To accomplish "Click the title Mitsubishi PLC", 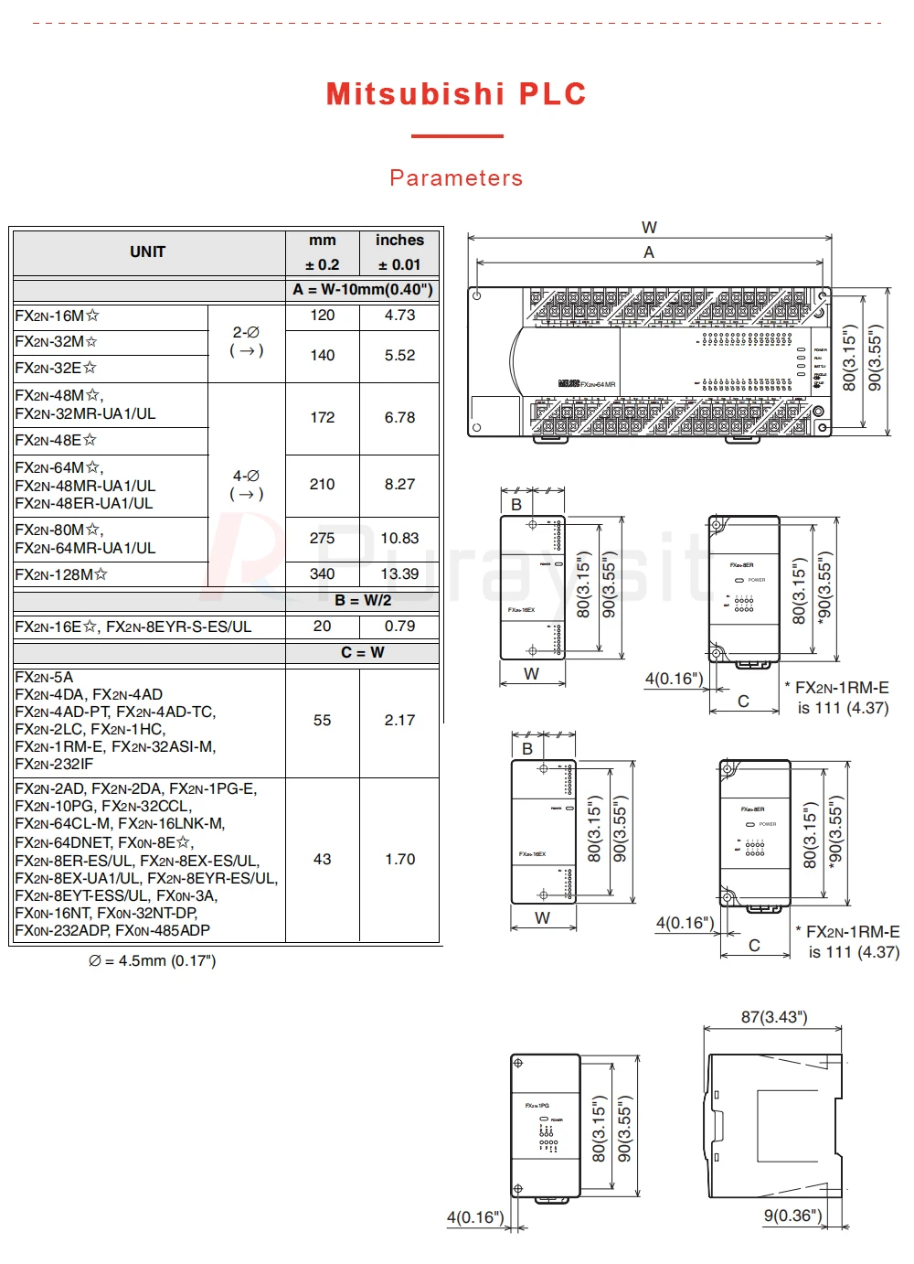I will click(455, 94).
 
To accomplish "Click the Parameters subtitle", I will click(456, 177).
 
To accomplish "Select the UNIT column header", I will click(147, 252).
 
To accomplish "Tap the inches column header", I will click(399, 241).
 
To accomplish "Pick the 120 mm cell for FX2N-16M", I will click(322, 316).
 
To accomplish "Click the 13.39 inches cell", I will click(399, 574).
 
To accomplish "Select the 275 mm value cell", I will click(322, 539).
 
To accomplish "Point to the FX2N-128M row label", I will click(61, 574).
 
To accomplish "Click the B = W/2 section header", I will click(363, 601).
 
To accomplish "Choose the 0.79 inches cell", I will click(399, 627).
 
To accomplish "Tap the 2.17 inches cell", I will click(399, 721).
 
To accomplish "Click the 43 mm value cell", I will click(322, 860).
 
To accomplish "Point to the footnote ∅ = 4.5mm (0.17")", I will click(152, 960).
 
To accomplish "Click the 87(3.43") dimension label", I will click(774, 1017).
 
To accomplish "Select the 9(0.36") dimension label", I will click(792, 1216).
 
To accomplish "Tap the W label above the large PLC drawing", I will click(649, 228).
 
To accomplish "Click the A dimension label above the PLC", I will click(649, 252).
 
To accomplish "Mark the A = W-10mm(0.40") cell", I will click(363, 290).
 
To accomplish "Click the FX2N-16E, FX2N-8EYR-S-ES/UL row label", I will click(133, 627).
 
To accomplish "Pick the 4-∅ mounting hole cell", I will click(246, 485).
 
